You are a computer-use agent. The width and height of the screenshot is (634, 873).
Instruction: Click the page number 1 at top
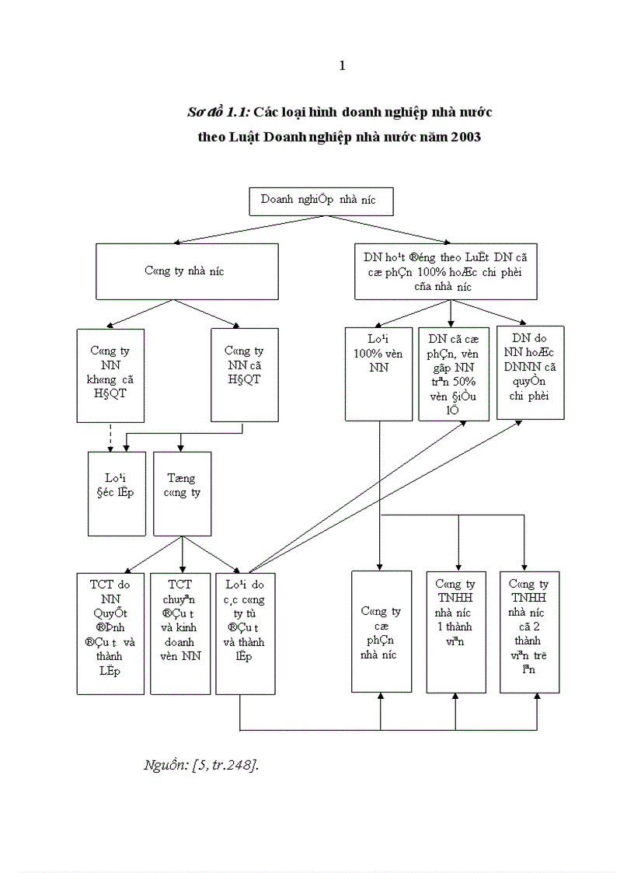coord(342,65)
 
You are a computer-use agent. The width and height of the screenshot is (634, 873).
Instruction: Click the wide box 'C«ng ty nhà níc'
coord(186,271)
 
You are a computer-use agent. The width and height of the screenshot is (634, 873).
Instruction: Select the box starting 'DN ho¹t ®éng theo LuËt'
coord(445,271)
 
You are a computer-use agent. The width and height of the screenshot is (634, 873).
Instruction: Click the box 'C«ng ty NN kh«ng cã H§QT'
coord(110,374)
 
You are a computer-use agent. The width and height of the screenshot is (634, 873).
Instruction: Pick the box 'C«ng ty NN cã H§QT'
coord(244,374)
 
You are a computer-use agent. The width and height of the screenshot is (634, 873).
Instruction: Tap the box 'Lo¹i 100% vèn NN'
coord(379,374)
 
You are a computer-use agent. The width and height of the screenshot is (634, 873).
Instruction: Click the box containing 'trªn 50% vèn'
coord(454,374)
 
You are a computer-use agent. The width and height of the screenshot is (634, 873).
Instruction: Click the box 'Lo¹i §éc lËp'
coord(117,494)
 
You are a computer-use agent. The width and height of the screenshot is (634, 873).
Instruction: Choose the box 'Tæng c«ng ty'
coord(182,494)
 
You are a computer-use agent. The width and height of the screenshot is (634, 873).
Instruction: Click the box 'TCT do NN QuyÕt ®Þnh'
coord(110,634)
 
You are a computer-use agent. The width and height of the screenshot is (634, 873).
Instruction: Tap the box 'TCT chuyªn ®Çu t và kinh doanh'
coord(180,634)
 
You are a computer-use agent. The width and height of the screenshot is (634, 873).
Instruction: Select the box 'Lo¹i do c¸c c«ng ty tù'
coord(245,634)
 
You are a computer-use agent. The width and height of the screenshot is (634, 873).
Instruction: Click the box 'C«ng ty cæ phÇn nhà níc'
coord(381,631)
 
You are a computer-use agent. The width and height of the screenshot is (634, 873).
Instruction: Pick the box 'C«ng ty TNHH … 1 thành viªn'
coord(455,631)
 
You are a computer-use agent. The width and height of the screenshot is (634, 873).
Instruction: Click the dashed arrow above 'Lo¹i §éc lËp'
coord(109,437)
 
